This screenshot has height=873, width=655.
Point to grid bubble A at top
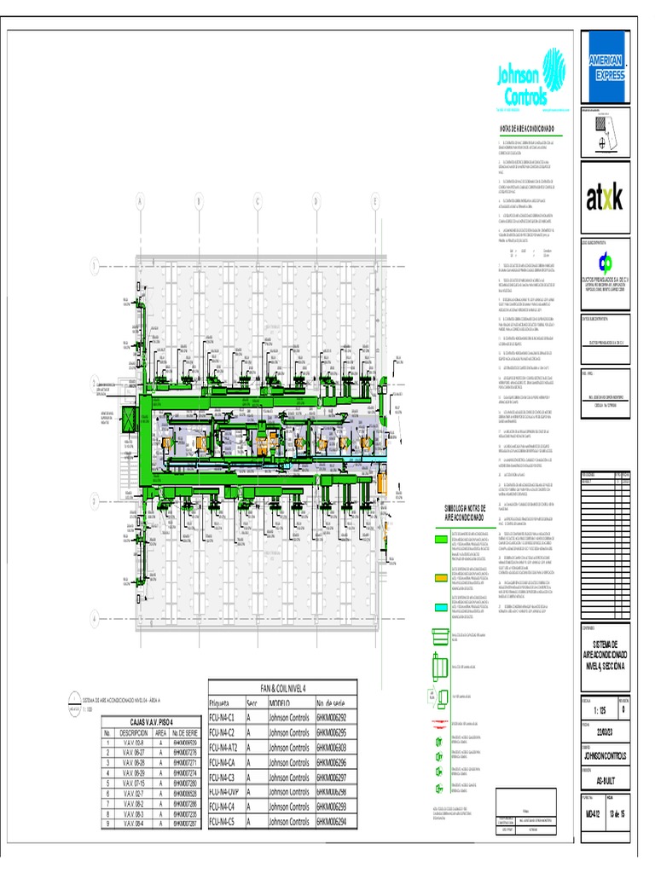tap(139, 202)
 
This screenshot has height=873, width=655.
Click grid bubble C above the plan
tap(257, 202)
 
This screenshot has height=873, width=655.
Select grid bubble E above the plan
tap(375, 202)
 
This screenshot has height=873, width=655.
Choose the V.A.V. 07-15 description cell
tap(137, 782)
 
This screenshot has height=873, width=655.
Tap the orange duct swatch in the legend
tap(440, 578)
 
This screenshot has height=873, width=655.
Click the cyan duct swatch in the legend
tap(440, 607)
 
